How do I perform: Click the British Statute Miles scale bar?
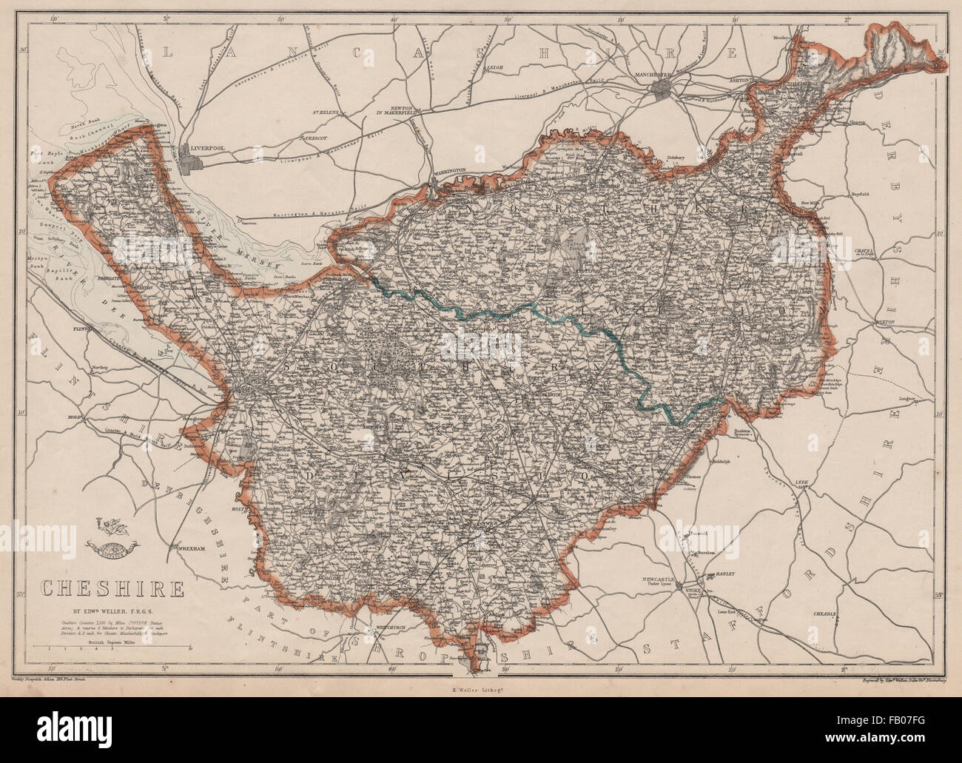point(111,649)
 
